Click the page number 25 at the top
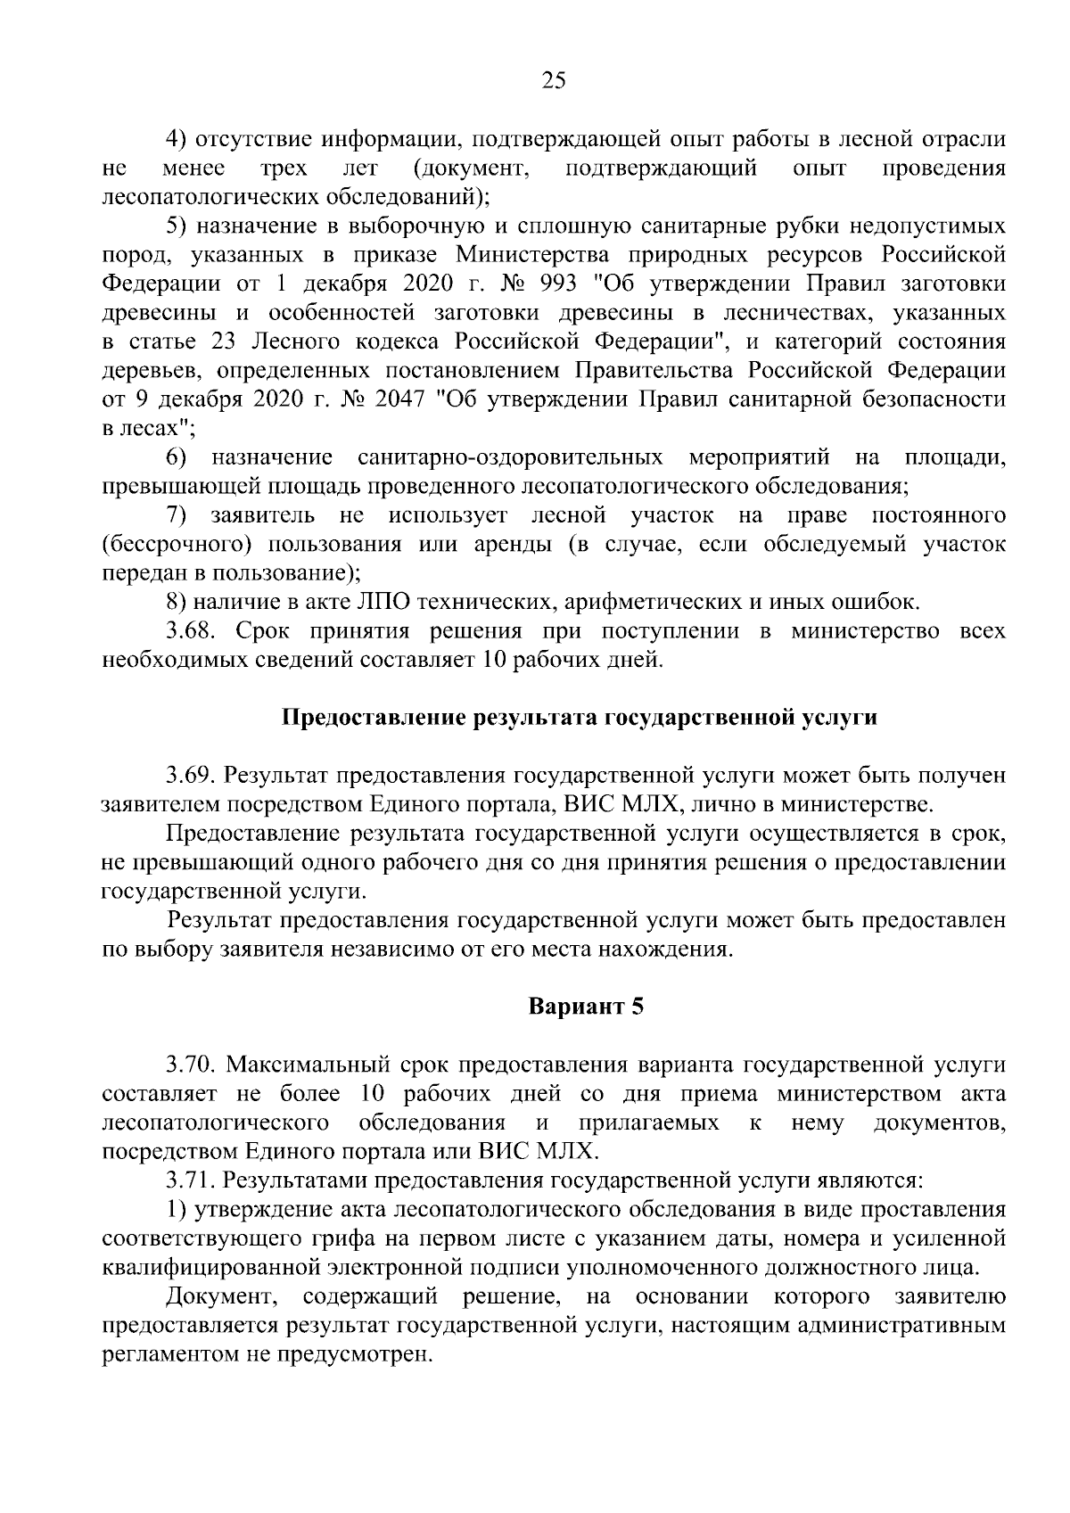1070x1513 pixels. [x=553, y=81]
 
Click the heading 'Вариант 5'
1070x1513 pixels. [x=585, y=1007]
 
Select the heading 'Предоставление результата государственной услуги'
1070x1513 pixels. [x=580, y=718]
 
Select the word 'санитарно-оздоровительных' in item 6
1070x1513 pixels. [x=509, y=457]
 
